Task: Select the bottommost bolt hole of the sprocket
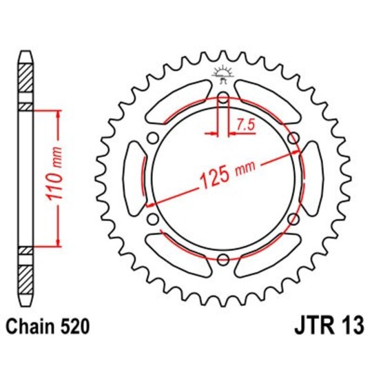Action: click(223, 259)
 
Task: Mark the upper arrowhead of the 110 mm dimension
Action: click(57, 112)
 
